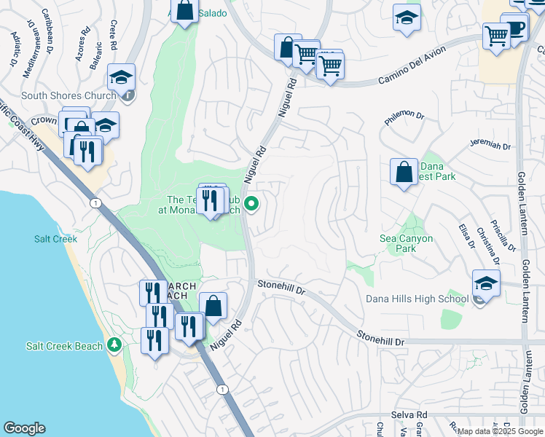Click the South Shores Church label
[x=68, y=95]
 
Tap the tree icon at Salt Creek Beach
[x=114, y=344]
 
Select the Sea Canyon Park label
[x=407, y=243]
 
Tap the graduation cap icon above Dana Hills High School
[x=486, y=283]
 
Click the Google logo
[x=24, y=428]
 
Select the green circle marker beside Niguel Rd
[x=252, y=204]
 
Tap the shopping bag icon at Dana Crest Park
[x=404, y=173]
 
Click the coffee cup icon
[x=517, y=28]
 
